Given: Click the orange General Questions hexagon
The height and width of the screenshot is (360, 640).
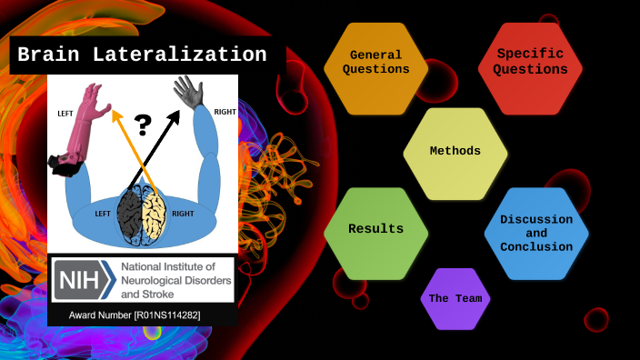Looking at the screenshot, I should [x=375, y=62].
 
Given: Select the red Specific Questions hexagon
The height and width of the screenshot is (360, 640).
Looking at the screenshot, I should [x=531, y=62].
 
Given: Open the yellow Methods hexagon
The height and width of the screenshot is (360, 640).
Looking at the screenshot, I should [x=455, y=150].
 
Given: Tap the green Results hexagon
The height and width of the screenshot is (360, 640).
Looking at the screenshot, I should [x=375, y=228].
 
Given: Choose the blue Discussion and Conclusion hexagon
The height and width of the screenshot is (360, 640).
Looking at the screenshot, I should [x=536, y=234].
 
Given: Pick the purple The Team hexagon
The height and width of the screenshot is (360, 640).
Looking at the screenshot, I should [x=455, y=298].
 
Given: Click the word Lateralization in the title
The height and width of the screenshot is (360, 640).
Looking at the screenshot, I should [x=192, y=55].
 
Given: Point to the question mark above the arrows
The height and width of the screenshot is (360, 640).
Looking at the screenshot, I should [x=143, y=125].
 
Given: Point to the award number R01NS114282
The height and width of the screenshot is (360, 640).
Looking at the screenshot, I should [x=135, y=315].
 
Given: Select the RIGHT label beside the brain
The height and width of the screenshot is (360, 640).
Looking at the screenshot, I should [x=183, y=214].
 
